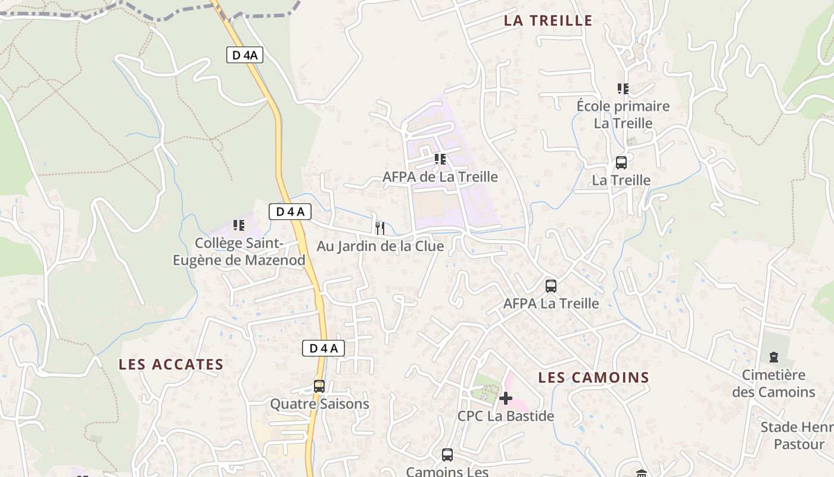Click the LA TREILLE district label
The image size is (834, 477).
coord(548,21)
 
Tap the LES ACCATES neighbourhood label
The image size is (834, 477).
coord(171,364)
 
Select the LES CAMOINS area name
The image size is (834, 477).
coord(593,377)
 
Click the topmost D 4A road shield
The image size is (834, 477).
coord(244,55)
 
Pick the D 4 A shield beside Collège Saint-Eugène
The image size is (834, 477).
coord(290,211)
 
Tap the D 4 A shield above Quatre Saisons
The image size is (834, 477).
coord(323,348)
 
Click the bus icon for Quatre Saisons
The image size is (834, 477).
coord(319,386)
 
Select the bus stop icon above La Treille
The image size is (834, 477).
coord(621,163)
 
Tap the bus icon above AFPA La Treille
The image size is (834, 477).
coord(551,286)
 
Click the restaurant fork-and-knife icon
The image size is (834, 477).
coord(380,228)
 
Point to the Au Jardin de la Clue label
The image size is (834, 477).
coord(380,246)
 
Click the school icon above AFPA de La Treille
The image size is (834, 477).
coord(440,159)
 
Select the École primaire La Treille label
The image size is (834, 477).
coord(623,114)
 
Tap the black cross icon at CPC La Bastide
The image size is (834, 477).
coord(506,398)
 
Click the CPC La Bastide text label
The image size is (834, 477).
coord(506,416)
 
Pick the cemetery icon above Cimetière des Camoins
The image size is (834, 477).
coord(774,357)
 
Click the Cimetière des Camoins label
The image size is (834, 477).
coord(773,383)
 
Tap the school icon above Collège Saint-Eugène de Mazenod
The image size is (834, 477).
coord(239,225)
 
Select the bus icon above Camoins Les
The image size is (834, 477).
coord(447,455)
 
